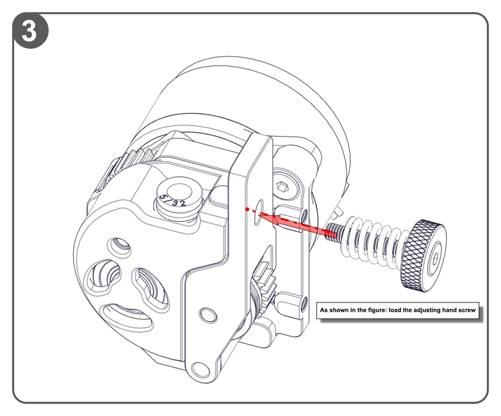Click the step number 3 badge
[x=30, y=31]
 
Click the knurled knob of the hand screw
[x=423, y=256]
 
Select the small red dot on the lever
[x=247, y=209]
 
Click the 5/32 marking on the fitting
[x=173, y=200]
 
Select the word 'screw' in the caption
[x=466, y=310]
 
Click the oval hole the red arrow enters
[x=258, y=212]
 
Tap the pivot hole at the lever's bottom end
[x=200, y=370]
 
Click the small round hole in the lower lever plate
[x=208, y=315]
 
